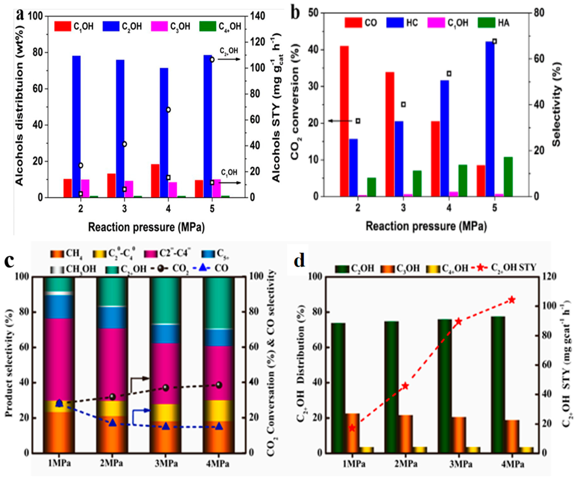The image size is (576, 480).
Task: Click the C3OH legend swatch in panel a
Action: (x=159, y=26)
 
